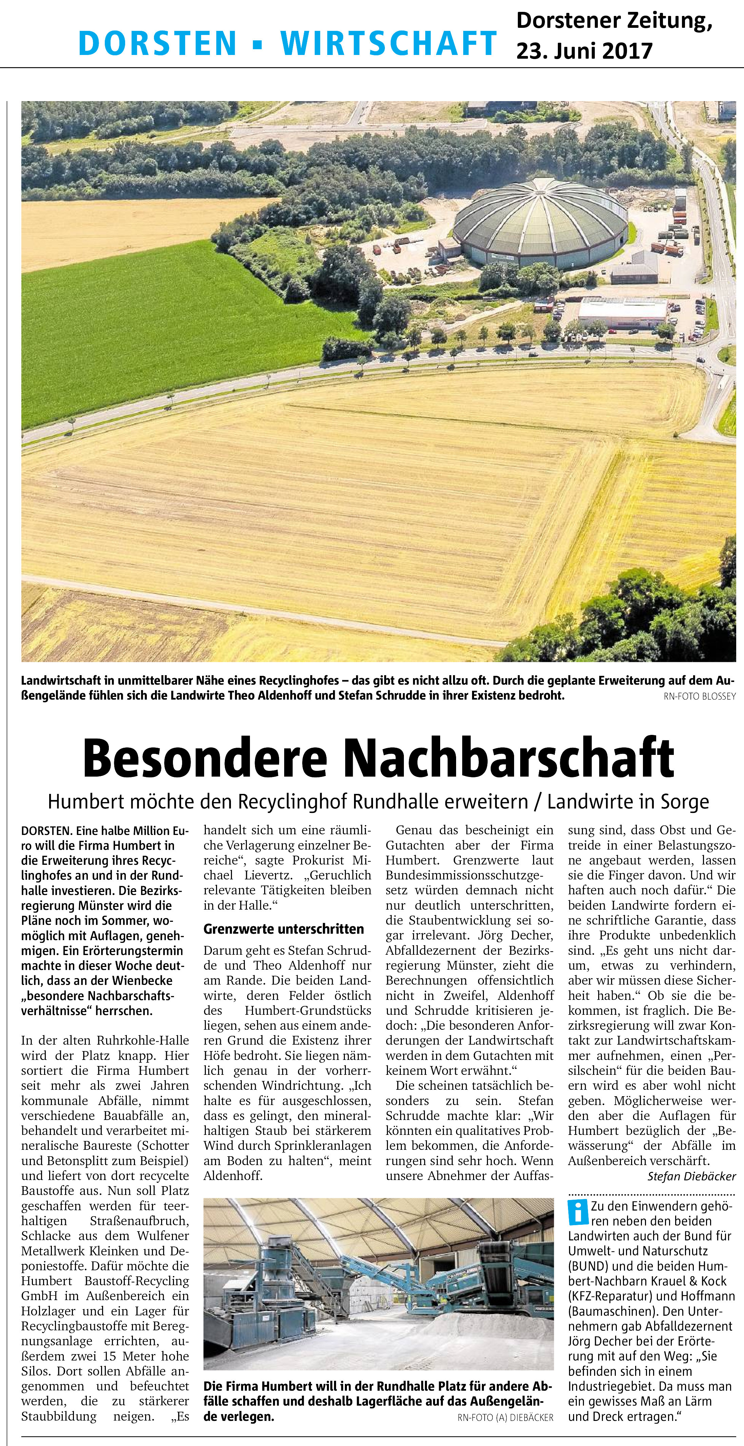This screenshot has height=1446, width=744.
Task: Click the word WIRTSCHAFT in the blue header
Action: pos(388,42)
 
